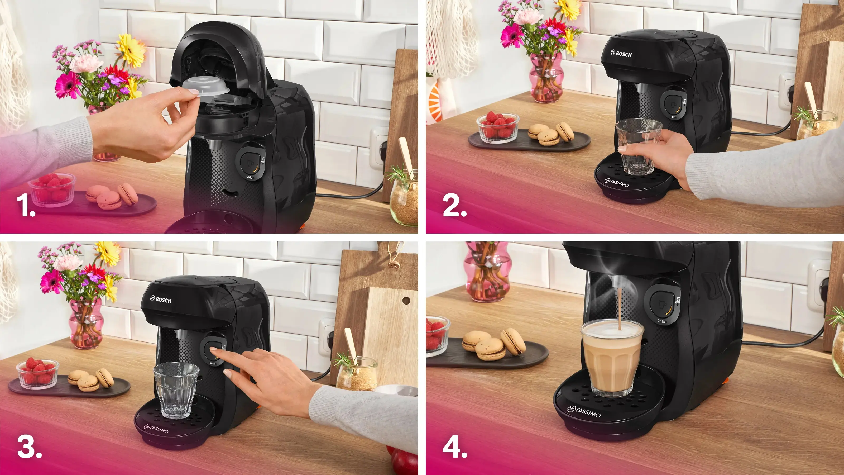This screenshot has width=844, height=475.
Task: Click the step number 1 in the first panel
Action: (x=26, y=206)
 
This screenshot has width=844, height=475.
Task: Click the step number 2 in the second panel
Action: (x=454, y=206)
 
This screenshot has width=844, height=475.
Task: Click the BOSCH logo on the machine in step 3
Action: (x=161, y=300)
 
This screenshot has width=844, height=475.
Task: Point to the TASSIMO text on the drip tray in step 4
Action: (x=584, y=412)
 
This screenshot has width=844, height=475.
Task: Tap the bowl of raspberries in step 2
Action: (x=498, y=128)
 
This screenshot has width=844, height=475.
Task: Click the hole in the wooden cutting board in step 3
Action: (x=406, y=300)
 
